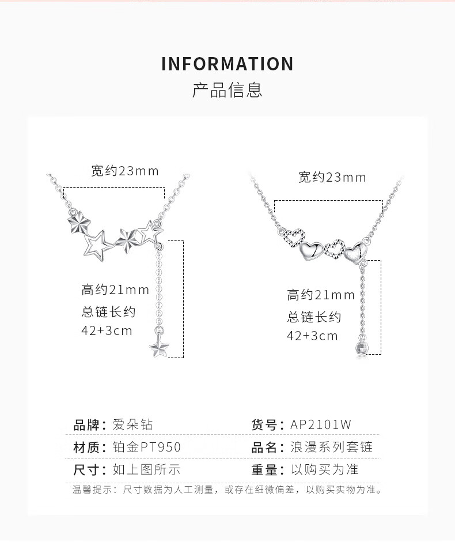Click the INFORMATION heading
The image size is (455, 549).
click(x=227, y=63)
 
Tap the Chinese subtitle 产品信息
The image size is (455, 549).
click(x=227, y=90)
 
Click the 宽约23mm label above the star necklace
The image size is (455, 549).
click(x=125, y=171)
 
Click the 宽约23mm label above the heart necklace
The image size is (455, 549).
click(x=332, y=177)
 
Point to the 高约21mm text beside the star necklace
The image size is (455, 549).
click(x=115, y=289)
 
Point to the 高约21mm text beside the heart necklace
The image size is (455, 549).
click(x=321, y=295)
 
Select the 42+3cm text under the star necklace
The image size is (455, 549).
click(x=107, y=330)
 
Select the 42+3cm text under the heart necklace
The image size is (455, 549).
click(x=313, y=336)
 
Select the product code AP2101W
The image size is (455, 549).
click(x=321, y=425)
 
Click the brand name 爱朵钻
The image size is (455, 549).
click(x=132, y=425)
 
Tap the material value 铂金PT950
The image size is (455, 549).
click(x=146, y=447)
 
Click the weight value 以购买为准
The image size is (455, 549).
click(x=325, y=469)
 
